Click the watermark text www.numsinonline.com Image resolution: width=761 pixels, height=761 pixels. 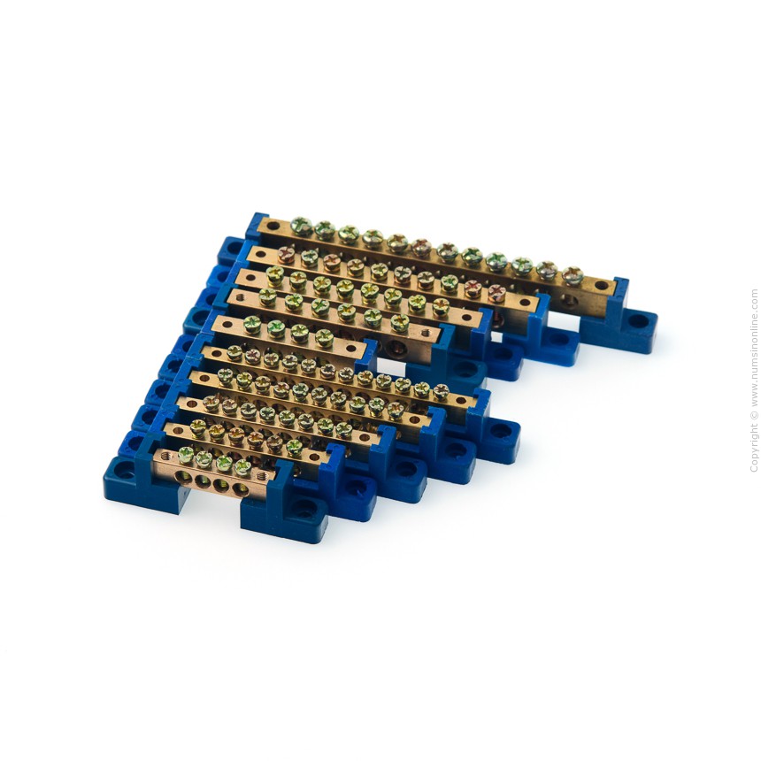[x=754, y=348]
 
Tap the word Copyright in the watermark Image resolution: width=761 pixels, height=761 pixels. [x=754, y=448]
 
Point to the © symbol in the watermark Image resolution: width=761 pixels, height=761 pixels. [x=754, y=415]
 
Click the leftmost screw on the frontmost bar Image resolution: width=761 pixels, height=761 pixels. [x=186, y=455]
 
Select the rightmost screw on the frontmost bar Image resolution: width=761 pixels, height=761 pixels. [x=242, y=466]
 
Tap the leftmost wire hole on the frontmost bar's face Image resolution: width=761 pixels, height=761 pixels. [x=184, y=477]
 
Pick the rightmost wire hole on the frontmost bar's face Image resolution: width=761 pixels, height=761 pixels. [x=240, y=489]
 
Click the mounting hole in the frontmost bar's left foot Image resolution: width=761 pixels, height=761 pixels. [x=125, y=470]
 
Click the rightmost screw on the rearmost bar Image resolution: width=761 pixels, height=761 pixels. [x=573, y=275]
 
